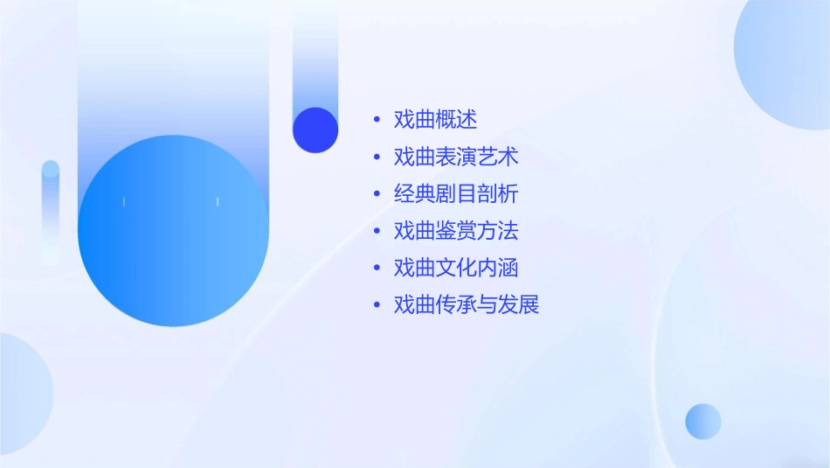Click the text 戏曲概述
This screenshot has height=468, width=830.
pos(435,120)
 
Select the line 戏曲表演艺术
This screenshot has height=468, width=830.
pos(456,157)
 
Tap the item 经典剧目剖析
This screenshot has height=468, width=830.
pos(456,194)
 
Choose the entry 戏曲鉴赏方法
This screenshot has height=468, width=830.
pos(456,231)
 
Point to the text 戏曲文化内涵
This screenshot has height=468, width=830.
pos(456,268)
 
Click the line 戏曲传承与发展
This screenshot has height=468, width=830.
pos(467,304)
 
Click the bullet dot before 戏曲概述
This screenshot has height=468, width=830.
pos(377,120)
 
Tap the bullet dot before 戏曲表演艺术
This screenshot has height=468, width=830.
pos(377,157)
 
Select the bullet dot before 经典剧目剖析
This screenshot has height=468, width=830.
pos(377,194)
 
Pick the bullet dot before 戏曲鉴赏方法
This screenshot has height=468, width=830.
pos(377,231)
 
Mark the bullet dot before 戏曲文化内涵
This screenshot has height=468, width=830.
pos(377,268)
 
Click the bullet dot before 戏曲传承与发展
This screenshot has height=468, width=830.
pos(377,304)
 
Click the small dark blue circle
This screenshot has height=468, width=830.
pos(315,129)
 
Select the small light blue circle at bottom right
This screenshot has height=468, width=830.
pos(703,421)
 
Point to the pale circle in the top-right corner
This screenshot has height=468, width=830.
pos(786,61)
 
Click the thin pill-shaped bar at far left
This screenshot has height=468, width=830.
pos(51,210)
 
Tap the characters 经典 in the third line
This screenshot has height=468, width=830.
pos(414,194)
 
